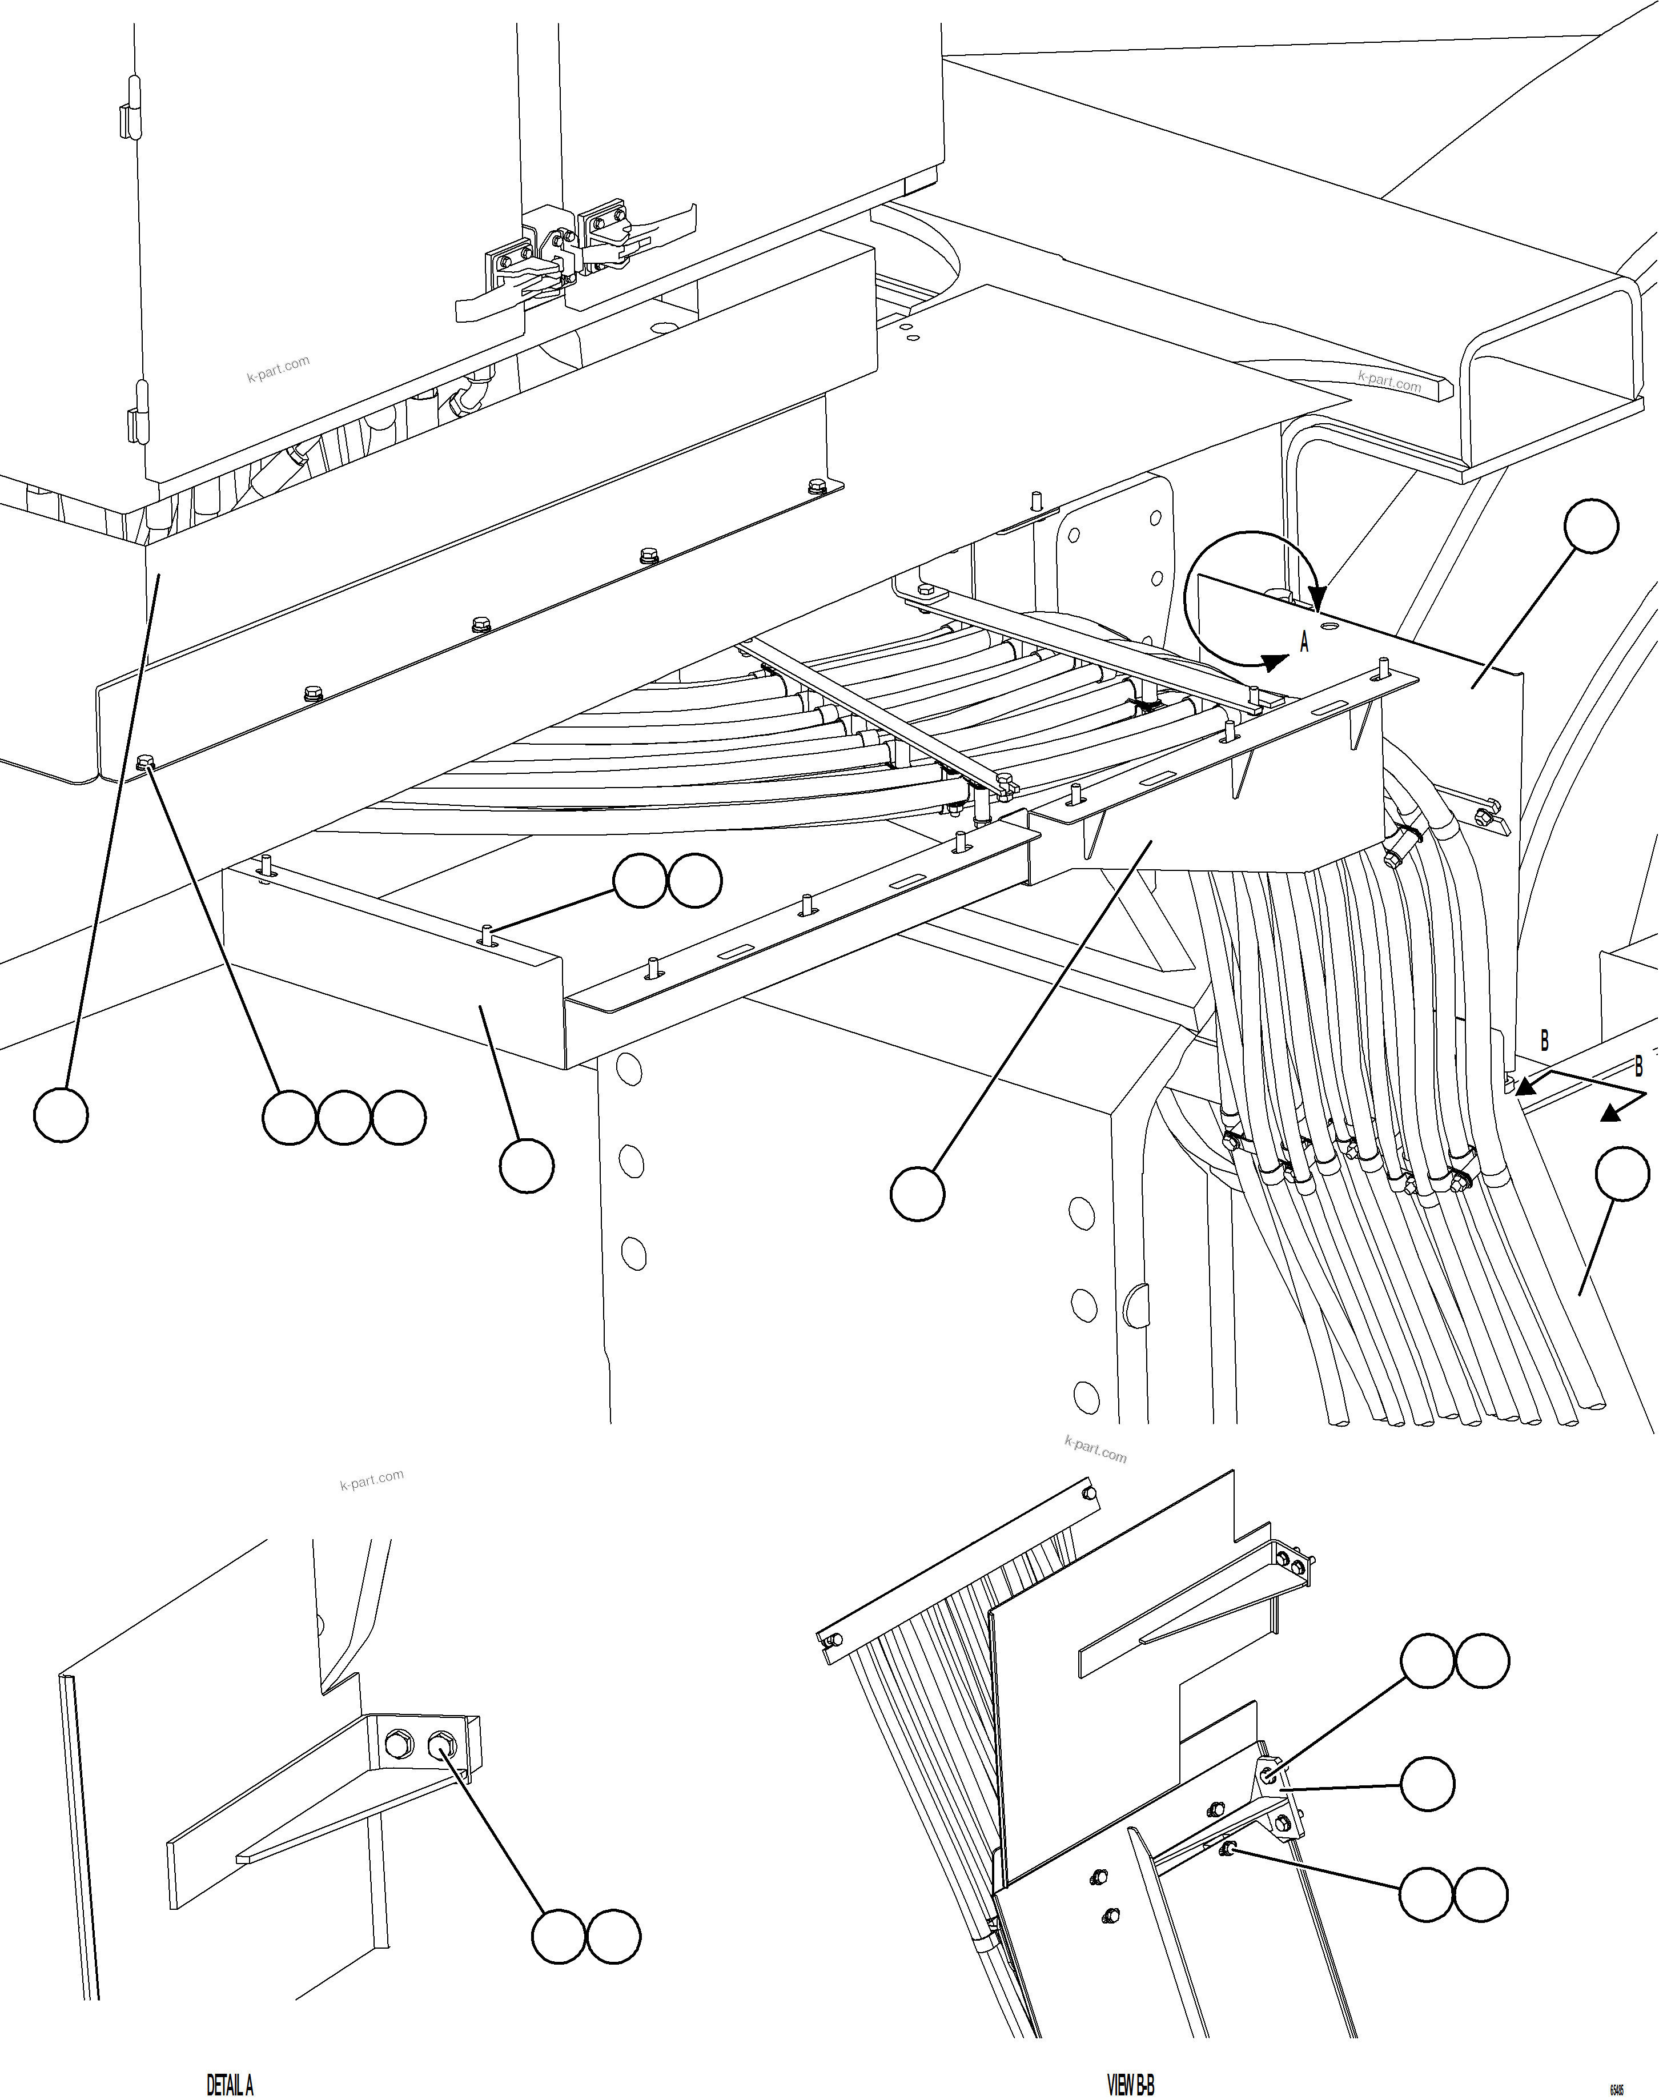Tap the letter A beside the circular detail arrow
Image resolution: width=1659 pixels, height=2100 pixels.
click(x=1304, y=642)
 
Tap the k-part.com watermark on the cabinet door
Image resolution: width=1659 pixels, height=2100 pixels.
click(x=278, y=369)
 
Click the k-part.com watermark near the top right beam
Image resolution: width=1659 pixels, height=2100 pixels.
click(x=1389, y=381)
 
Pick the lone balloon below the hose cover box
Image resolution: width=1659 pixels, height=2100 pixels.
click(x=917, y=1194)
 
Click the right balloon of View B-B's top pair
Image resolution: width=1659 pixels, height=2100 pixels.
click(x=1482, y=1662)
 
